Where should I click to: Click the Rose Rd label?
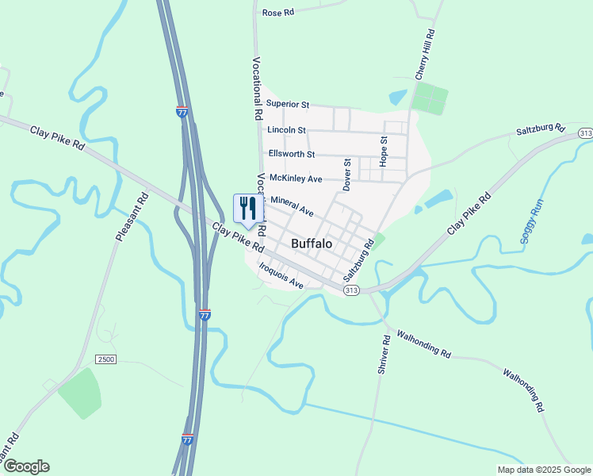[277, 13]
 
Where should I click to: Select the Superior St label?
[287, 104]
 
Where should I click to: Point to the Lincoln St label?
[286, 129]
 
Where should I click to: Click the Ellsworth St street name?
[292, 154]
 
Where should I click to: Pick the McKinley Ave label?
[296, 178]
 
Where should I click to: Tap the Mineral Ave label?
[293, 207]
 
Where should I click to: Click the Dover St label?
[347, 174]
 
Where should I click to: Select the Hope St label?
[384, 150]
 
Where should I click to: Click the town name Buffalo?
[312, 244]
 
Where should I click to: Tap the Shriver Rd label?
[383, 355]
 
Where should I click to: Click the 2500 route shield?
[106, 359]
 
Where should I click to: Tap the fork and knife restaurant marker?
[247, 209]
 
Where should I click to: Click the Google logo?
[26, 466]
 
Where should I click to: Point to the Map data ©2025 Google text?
[543, 470]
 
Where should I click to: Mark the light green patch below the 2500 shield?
[80, 392]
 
